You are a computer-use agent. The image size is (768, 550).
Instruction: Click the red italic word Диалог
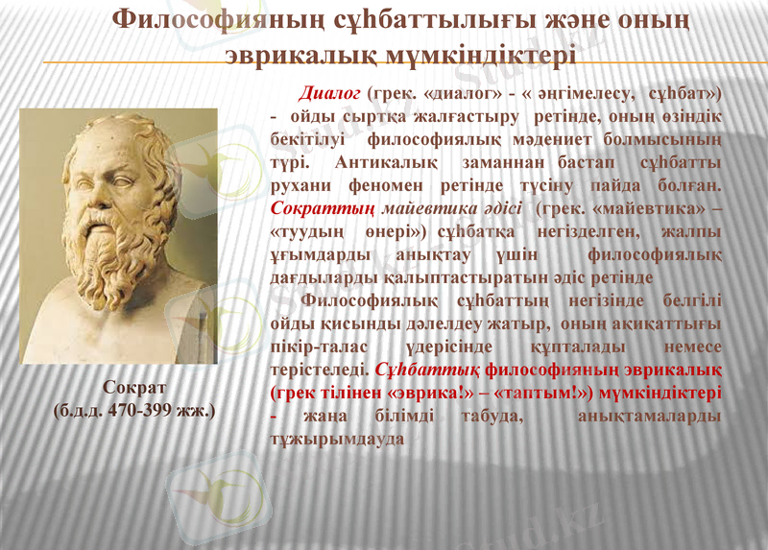(x=327, y=93)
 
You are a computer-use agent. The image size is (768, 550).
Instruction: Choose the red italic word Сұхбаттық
(x=427, y=369)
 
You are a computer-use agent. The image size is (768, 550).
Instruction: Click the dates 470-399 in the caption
(x=140, y=410)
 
